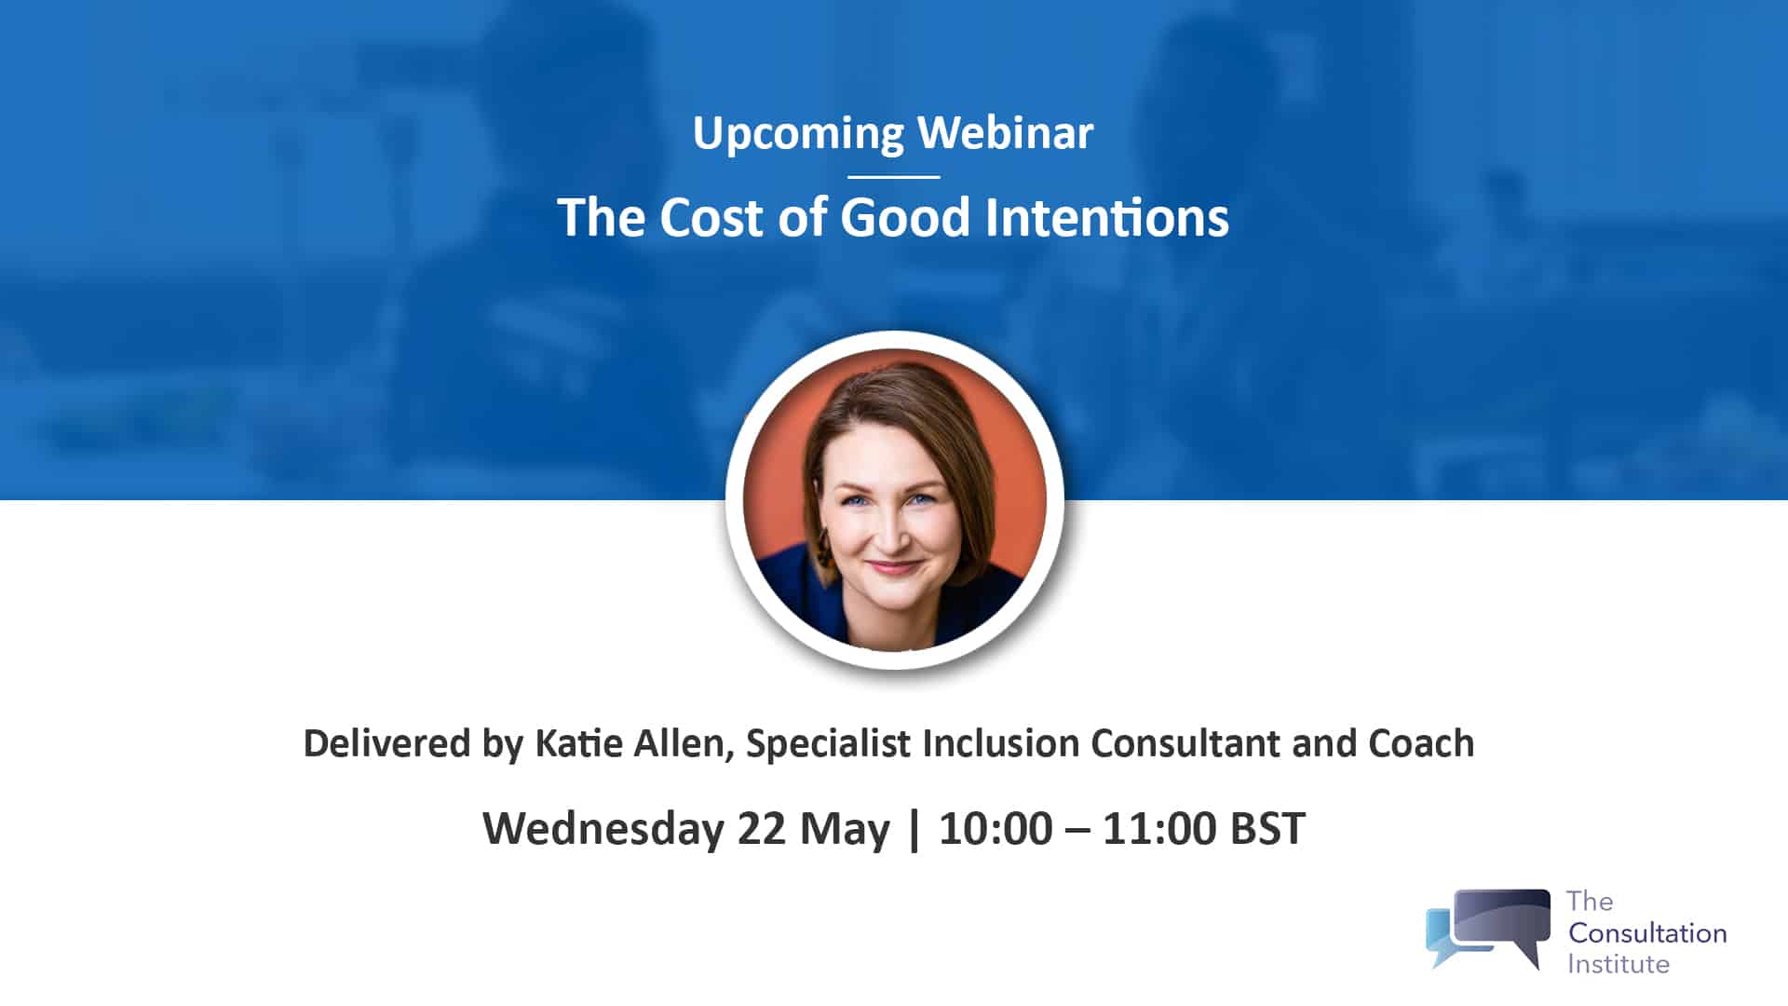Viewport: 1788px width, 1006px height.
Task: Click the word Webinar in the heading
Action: coord(1005,133)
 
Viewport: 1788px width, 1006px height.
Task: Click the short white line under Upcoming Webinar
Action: coord(893,176)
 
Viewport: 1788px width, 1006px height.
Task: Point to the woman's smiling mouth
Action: coord(894,565)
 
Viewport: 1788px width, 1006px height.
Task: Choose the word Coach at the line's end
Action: coord(1421,743)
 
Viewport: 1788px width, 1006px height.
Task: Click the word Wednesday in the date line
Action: coord(603,828)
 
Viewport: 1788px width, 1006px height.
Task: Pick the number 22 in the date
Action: coord(761,828)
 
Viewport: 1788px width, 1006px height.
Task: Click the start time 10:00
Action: coord(996,828)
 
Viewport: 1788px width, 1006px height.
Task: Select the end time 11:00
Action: coord(1158,828)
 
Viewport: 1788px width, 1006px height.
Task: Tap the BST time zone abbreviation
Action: coord(1267,828)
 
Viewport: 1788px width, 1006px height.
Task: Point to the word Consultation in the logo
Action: coord(1646,932)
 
